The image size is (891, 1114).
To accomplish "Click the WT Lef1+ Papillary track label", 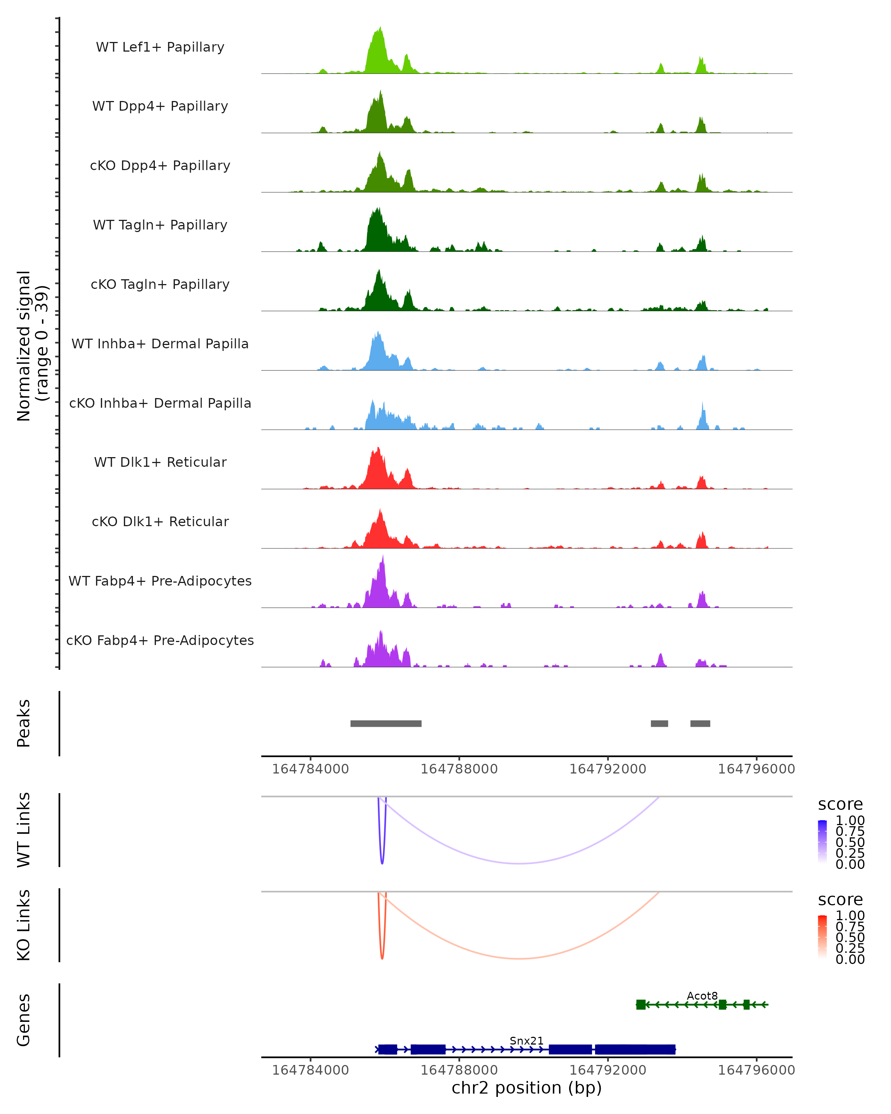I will [x=160, y=47].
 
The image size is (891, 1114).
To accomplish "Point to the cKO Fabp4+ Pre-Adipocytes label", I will [x=160, y=640].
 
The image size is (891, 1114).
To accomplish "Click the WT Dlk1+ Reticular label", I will [x=160, y=462].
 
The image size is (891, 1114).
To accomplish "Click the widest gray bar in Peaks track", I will [x=386, y=723].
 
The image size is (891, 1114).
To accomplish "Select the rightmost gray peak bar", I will [x=700, y=723].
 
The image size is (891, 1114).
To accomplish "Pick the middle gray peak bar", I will [x=659, y=723].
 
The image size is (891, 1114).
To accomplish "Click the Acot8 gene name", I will [x=702, y=996].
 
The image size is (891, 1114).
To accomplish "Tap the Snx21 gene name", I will [x=526, y=1040].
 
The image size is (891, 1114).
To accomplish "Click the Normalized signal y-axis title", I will [x=32, y=346].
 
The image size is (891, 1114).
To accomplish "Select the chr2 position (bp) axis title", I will [x=526, y=1088].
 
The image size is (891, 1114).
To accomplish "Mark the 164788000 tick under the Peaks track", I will [x=458, y=769].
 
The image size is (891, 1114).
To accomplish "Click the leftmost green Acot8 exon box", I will [x=640, y=1004].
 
